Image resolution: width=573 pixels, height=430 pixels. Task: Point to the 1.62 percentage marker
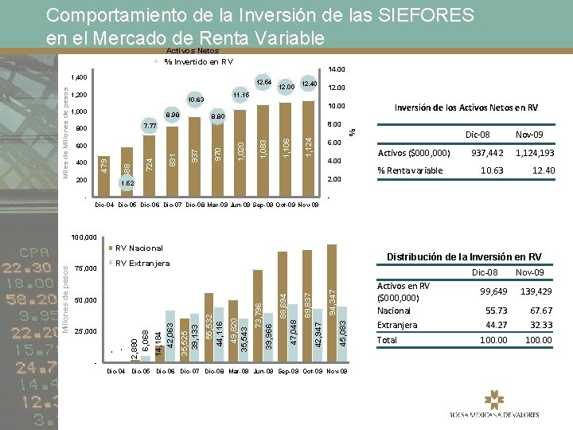127,183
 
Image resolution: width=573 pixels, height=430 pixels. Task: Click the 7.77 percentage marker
150,127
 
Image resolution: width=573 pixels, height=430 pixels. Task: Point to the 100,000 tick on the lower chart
84,237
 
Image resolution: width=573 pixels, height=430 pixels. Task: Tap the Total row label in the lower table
388,340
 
